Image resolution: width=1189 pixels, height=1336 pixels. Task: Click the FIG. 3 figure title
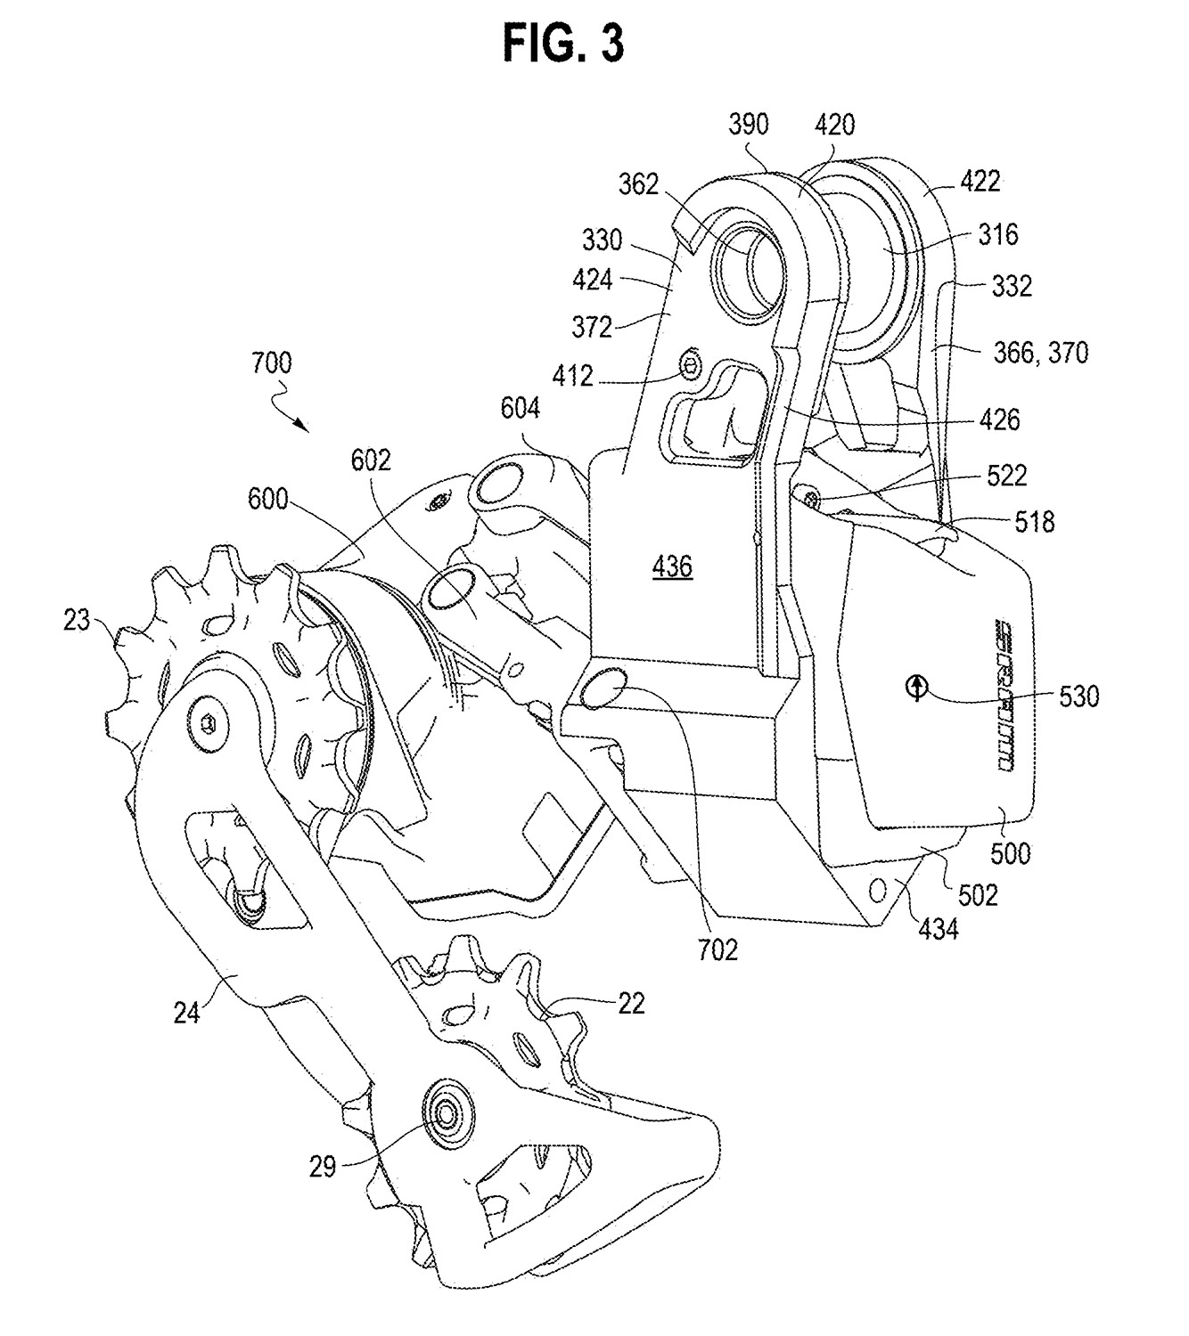tap(562, 45)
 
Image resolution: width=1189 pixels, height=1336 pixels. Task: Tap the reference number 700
tap(271, 363)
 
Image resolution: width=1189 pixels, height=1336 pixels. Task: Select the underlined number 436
tap(672, 566)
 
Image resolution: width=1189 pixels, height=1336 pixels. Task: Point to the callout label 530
tap(1078, 697)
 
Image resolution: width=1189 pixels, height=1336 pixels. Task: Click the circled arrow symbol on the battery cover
tap(916, 688)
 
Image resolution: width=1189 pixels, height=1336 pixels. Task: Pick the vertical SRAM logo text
tap(1004, 695)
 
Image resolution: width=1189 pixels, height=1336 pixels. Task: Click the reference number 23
tap(76, 620)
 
